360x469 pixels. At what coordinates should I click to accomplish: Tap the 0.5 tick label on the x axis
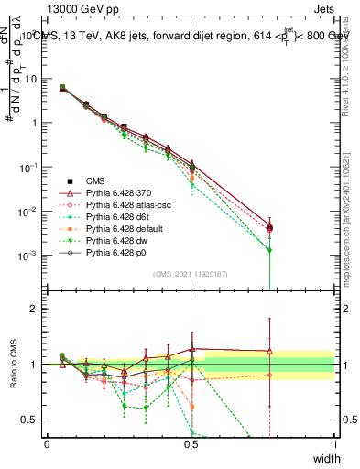tap(191, 444)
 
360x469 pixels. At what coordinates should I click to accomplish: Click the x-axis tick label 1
tap(334, 444)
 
